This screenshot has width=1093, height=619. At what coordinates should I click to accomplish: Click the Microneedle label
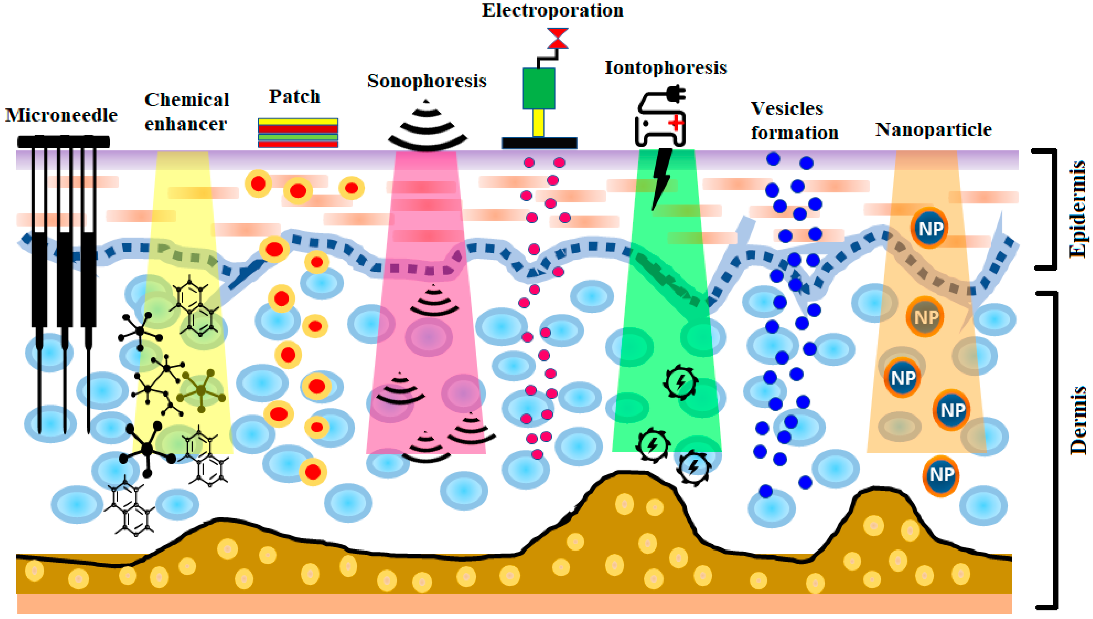point(61,115)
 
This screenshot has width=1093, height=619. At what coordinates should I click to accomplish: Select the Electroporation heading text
point(552,10)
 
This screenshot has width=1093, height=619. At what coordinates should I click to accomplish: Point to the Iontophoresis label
point(666,67)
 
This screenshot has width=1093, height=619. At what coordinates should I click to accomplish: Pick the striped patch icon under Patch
point(298,133)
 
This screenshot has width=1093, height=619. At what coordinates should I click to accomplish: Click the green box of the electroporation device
point(539,88)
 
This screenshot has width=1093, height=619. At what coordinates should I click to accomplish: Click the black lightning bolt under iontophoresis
point(662,179)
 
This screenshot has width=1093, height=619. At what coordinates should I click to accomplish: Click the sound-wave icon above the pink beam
point(427,127)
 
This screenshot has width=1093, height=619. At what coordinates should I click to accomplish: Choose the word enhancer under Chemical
point(186,124)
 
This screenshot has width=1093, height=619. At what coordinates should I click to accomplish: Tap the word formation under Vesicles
point(794,133)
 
